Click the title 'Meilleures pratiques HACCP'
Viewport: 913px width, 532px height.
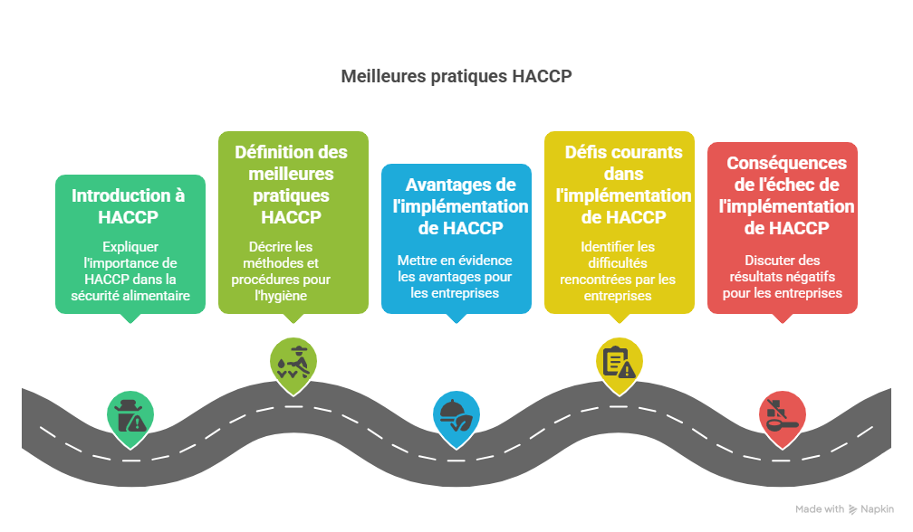pyautogui.click(x=456, y=76)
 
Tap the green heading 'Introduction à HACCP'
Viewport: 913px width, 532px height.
pyautogui.click(x=128, y=206)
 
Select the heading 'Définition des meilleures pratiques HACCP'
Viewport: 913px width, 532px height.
pyautogui.click(x=292, y=185)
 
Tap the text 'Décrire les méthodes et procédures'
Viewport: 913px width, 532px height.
pyautogui.click(x=293, y=271)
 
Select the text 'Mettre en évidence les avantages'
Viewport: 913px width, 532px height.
pyautogui.click(x=455, y=276)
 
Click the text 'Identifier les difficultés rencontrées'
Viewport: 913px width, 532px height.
pyautogui.click(x=619, y=271)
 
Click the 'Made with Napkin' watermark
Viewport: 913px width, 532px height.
pyautogui.click(x=843, y=509)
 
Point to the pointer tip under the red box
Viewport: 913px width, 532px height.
pyautogui.click(x=782, y=321)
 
